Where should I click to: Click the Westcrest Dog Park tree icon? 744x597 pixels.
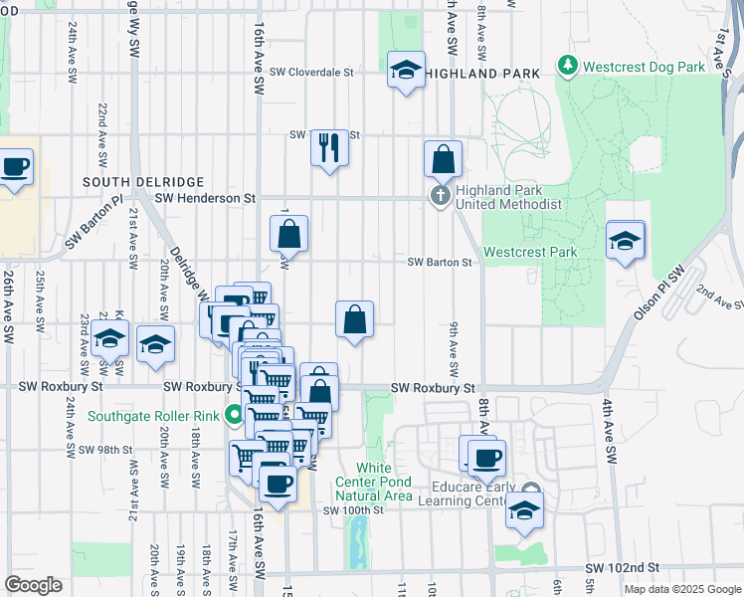coord(568,67)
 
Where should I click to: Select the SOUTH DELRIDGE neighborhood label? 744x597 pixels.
coord(143,182)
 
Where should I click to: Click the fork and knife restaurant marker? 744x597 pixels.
coord(327,148)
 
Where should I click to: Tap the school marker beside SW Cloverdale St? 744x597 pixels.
coord(406,70)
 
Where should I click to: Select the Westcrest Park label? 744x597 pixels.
coord(530,253)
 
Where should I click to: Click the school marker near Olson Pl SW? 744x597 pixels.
coord(625,241)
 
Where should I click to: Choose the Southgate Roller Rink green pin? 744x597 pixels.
coord(235,414)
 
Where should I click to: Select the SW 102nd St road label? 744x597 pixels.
coord(626,566)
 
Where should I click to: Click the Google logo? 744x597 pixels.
coord(34,585)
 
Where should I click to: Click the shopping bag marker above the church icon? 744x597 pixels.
coord(443,159)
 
